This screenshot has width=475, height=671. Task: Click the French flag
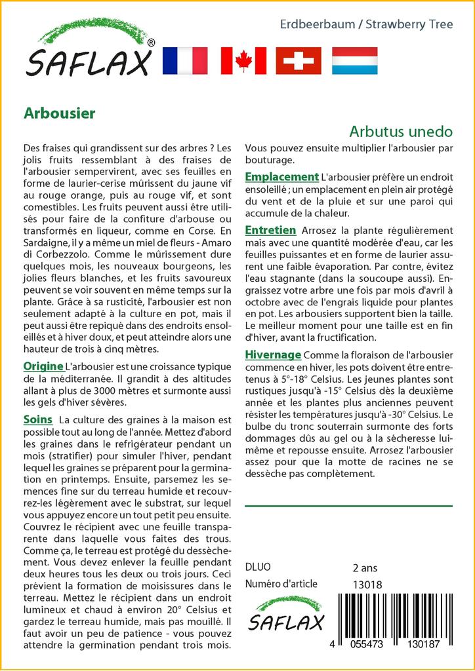click(184, 61)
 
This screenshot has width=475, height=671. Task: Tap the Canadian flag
click(243, 61)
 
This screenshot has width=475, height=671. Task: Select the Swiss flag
click(299, 61)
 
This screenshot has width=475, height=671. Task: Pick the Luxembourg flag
click(354, 61)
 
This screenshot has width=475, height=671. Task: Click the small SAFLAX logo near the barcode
click(286, 614)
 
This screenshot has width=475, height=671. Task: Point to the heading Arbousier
click(59, 113)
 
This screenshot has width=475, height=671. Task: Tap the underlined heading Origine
click(43, 366)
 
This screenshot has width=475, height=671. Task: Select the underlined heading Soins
click(37, 419)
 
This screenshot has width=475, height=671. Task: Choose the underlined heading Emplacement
click(281, 177)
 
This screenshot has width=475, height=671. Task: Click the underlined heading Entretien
click(270, 230)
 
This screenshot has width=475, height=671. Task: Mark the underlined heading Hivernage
click(273, 355)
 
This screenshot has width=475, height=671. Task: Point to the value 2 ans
click(365, 567)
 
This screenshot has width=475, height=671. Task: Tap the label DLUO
click(258, 567)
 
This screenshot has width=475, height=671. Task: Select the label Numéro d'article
click(281, 584)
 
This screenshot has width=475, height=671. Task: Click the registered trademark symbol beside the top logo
click(151, 43)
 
